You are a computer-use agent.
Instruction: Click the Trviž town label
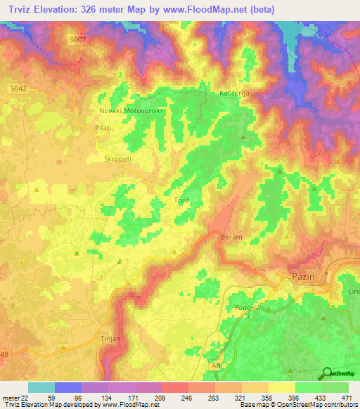[x=182, y=201]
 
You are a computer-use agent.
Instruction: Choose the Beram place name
[x=231, y=238]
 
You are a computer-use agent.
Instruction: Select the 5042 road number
[x=19, y=87]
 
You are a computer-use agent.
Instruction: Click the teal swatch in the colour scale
[x=41, y=387]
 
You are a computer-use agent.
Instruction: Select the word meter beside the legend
[x=9, y=397]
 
